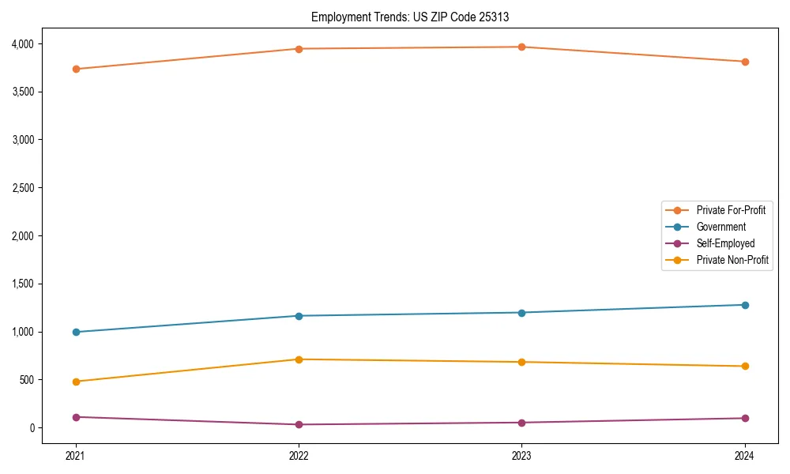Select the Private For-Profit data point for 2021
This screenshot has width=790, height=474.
(x=76, y=69)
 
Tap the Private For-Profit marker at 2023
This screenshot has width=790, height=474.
(x=521, y=47)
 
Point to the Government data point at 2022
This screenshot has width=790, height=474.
(x=299, y=316)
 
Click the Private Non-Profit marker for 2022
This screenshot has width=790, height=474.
(x=299, y=359)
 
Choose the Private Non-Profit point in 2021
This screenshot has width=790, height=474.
(x=76, y=382)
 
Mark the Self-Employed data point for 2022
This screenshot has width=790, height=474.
(x=299, y=424)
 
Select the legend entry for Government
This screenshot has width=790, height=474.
(x=720, y=227)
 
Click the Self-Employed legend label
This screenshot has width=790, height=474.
(x=725, y=243)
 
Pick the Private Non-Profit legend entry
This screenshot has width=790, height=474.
(x=732, y=260)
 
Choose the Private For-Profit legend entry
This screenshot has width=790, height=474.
(x=731, y=210)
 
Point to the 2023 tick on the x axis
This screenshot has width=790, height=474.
(x=521, y=456)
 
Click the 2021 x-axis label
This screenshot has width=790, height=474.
(x=76, y=456)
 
